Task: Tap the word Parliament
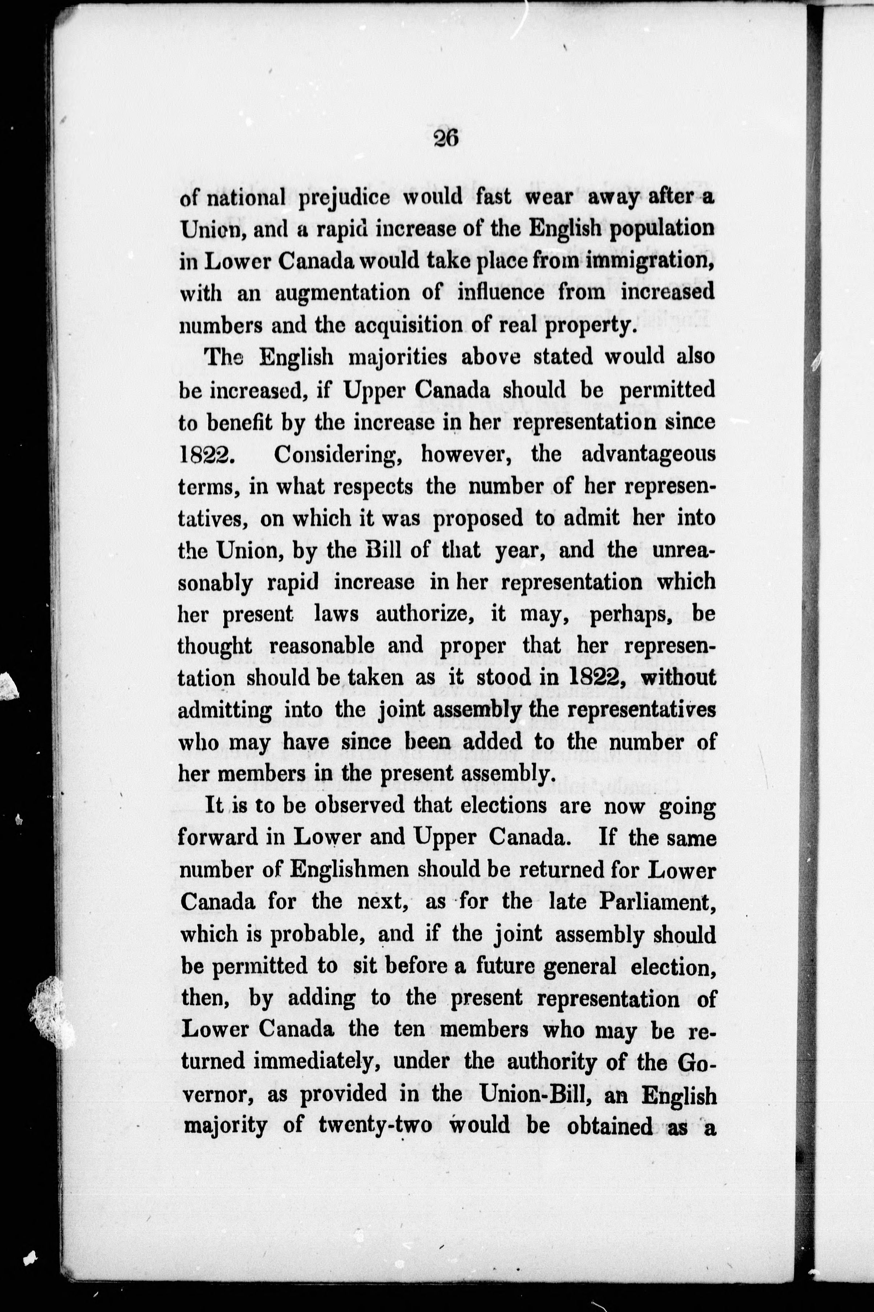point(657,902)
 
